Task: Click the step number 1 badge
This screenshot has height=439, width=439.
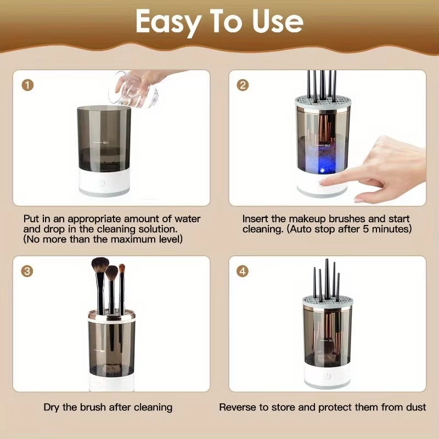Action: point(27,85)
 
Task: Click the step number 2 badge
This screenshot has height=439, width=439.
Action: point(243,85)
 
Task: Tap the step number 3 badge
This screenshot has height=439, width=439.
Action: point(27,271)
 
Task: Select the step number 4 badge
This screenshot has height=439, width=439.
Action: point(243,271)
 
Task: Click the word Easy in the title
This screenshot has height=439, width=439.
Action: point(167,21)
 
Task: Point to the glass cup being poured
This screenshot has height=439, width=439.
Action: point(131,91)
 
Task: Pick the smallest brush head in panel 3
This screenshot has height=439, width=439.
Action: point(122,269)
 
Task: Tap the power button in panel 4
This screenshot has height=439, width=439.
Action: point(327,376)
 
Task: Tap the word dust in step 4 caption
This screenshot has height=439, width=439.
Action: point(417,407)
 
